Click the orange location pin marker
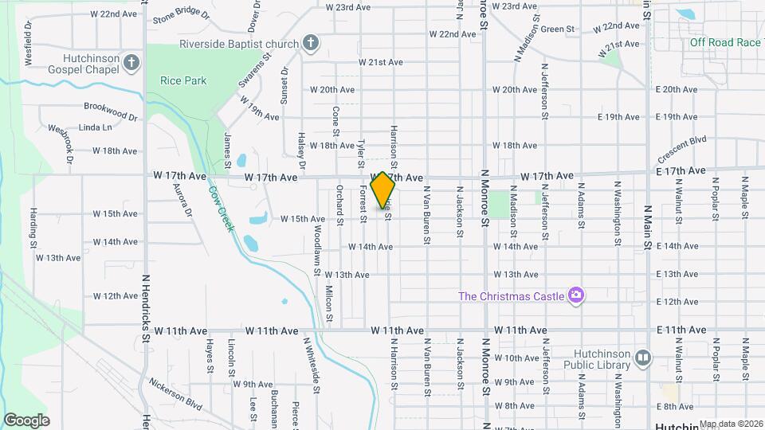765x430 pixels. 382,190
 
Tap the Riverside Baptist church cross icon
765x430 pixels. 311,43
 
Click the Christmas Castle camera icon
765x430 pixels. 575,296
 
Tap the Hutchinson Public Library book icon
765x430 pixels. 642,360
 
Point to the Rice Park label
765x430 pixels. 183,80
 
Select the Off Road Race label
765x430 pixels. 725,42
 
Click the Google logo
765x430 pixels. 26,420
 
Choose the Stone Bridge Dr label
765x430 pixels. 181,15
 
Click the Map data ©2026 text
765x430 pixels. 731,424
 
